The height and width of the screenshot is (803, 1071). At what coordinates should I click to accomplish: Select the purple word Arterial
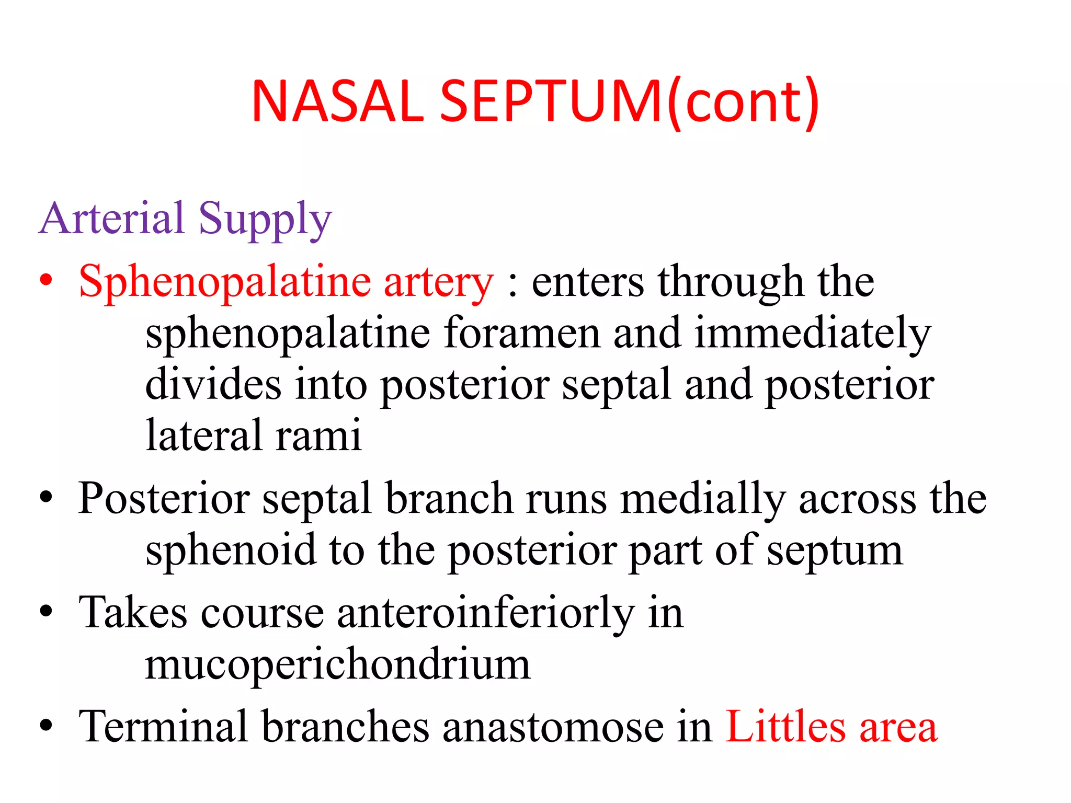(x=112, y=219)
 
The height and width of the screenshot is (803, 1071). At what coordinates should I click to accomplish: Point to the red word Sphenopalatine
(x=224, y=283)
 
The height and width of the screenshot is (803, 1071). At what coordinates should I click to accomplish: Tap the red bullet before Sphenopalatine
(x=47, y=280)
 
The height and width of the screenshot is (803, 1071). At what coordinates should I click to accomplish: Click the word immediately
(x=813, y=334)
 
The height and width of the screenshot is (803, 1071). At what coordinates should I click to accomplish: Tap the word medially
(x=703, y=499)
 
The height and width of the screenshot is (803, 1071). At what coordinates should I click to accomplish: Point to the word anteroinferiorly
(x=486, y=613)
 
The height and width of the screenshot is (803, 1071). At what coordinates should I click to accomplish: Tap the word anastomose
(x=552, y=727)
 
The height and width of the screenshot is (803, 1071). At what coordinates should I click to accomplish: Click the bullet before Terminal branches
(x=47, y=726)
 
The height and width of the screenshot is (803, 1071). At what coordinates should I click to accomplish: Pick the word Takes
(x=133, y=613)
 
